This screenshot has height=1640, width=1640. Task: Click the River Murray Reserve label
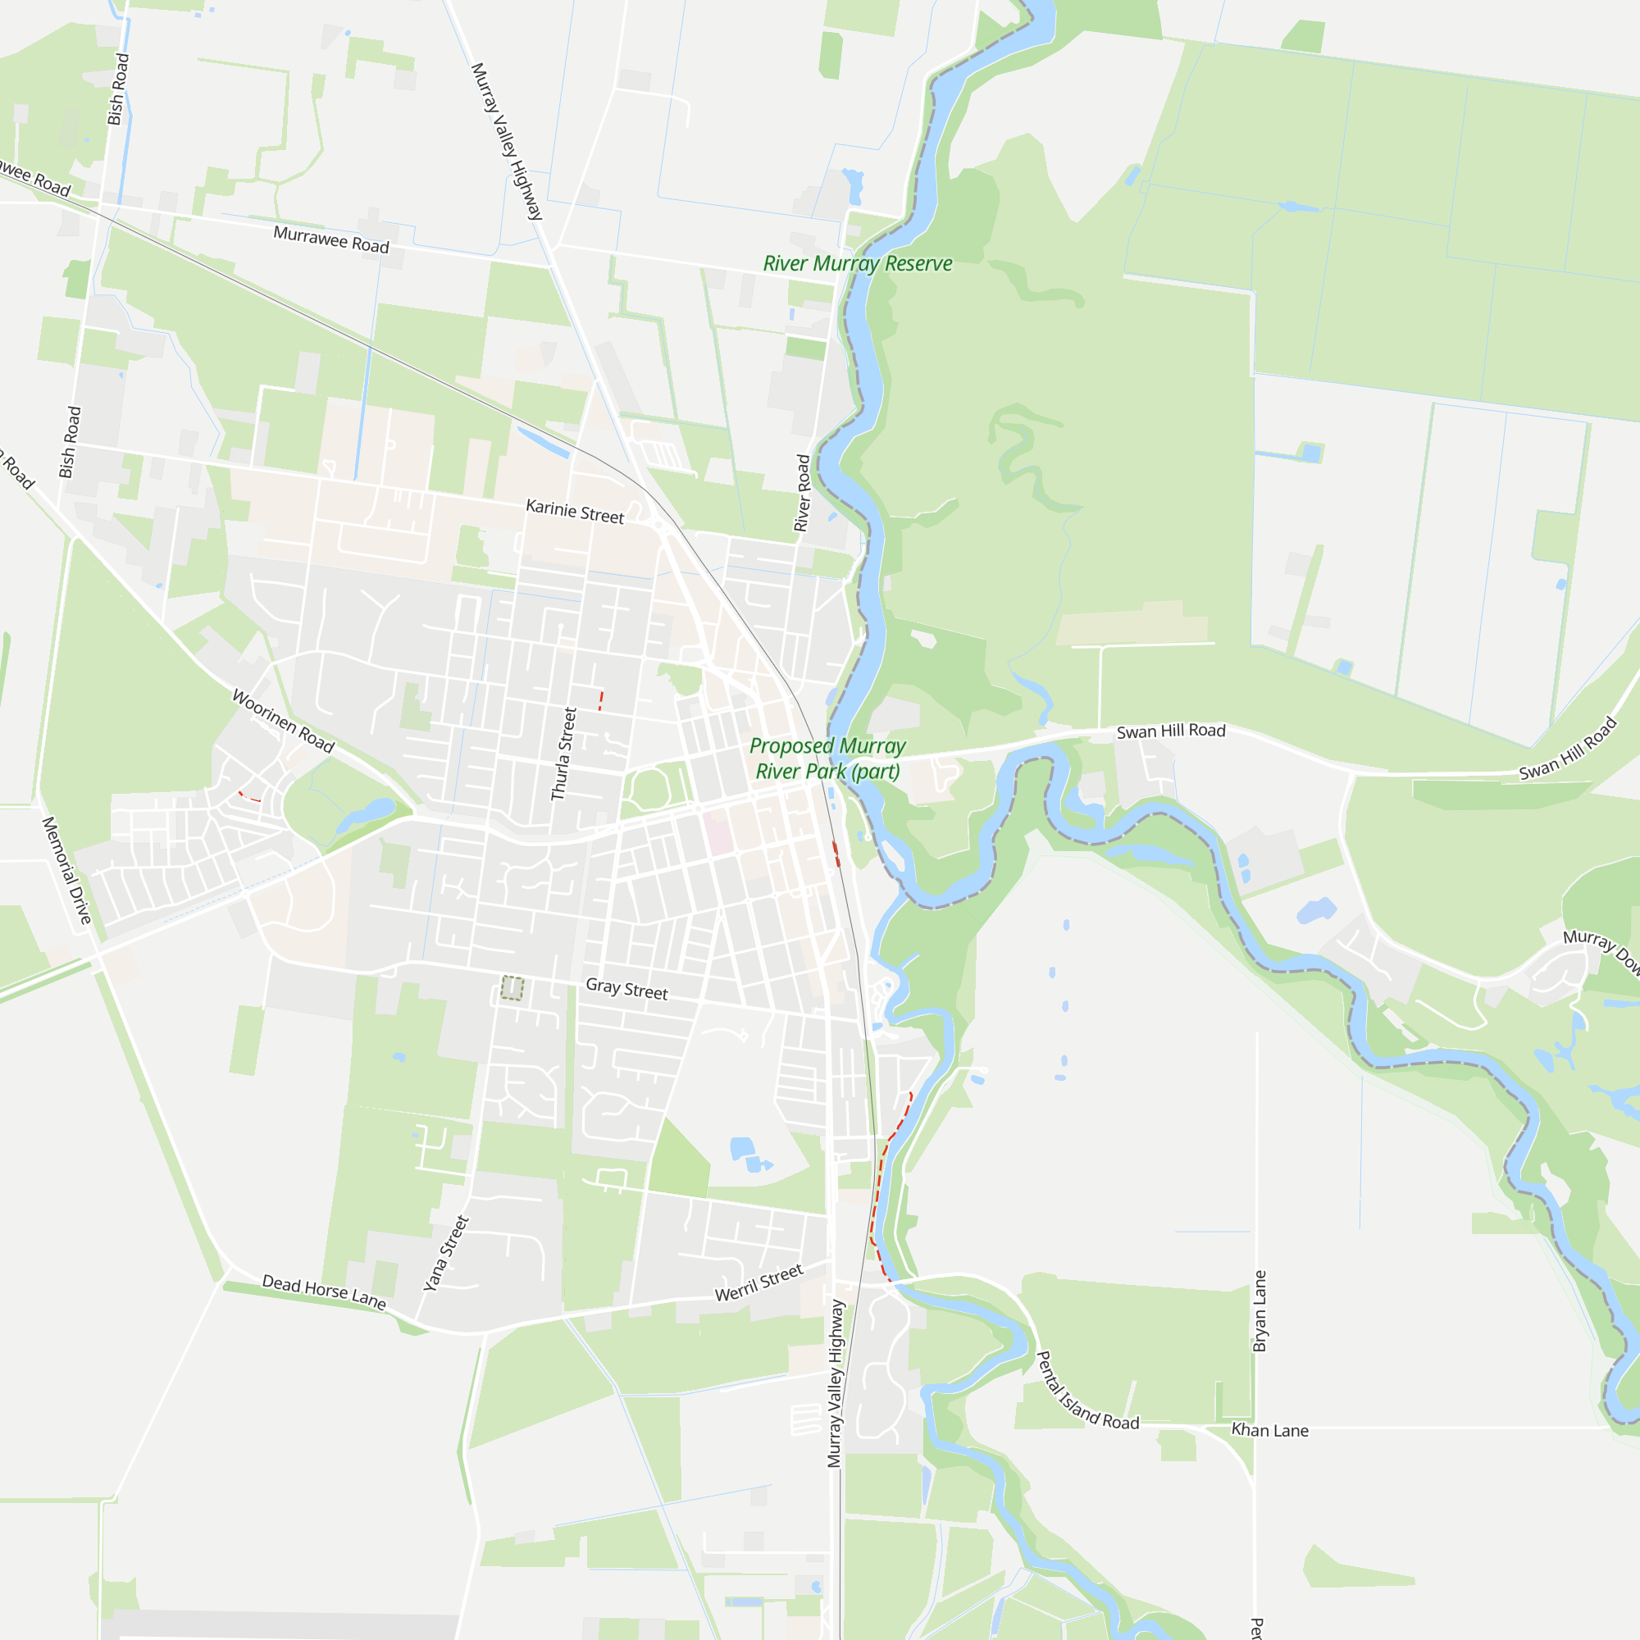[x=858, y=264]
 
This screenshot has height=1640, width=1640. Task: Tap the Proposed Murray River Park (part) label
[x=827, y=758]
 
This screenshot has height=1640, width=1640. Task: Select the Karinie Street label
[x=575, y=511]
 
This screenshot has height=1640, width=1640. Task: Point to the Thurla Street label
[x=563, y=754]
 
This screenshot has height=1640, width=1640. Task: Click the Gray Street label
[x=626, y=989]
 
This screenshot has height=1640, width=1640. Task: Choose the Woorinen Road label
[x=284, y=721]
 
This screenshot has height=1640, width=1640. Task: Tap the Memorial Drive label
[x=66, y=870]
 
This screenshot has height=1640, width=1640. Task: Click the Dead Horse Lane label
[x=323, y=1291]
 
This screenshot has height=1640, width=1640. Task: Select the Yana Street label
[x=447, y=1253]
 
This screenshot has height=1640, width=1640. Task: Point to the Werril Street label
[x=758, y=1282]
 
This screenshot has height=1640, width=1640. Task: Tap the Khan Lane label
[x=1270, y=1430]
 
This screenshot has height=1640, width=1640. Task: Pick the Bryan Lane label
[x=1260, y=1310]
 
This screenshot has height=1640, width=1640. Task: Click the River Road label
[x=802, y=492]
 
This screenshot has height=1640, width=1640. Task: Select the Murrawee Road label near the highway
[x=331, y=239]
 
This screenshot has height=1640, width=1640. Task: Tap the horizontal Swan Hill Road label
[x=1171, y=731]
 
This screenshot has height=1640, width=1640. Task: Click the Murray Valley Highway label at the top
[x=507, y=141]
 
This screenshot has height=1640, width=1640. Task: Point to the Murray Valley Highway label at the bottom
[x=836, y=1383]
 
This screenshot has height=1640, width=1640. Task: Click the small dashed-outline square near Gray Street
[x=512, y=988]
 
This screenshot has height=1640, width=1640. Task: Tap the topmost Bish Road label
[x=118, y=89]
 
